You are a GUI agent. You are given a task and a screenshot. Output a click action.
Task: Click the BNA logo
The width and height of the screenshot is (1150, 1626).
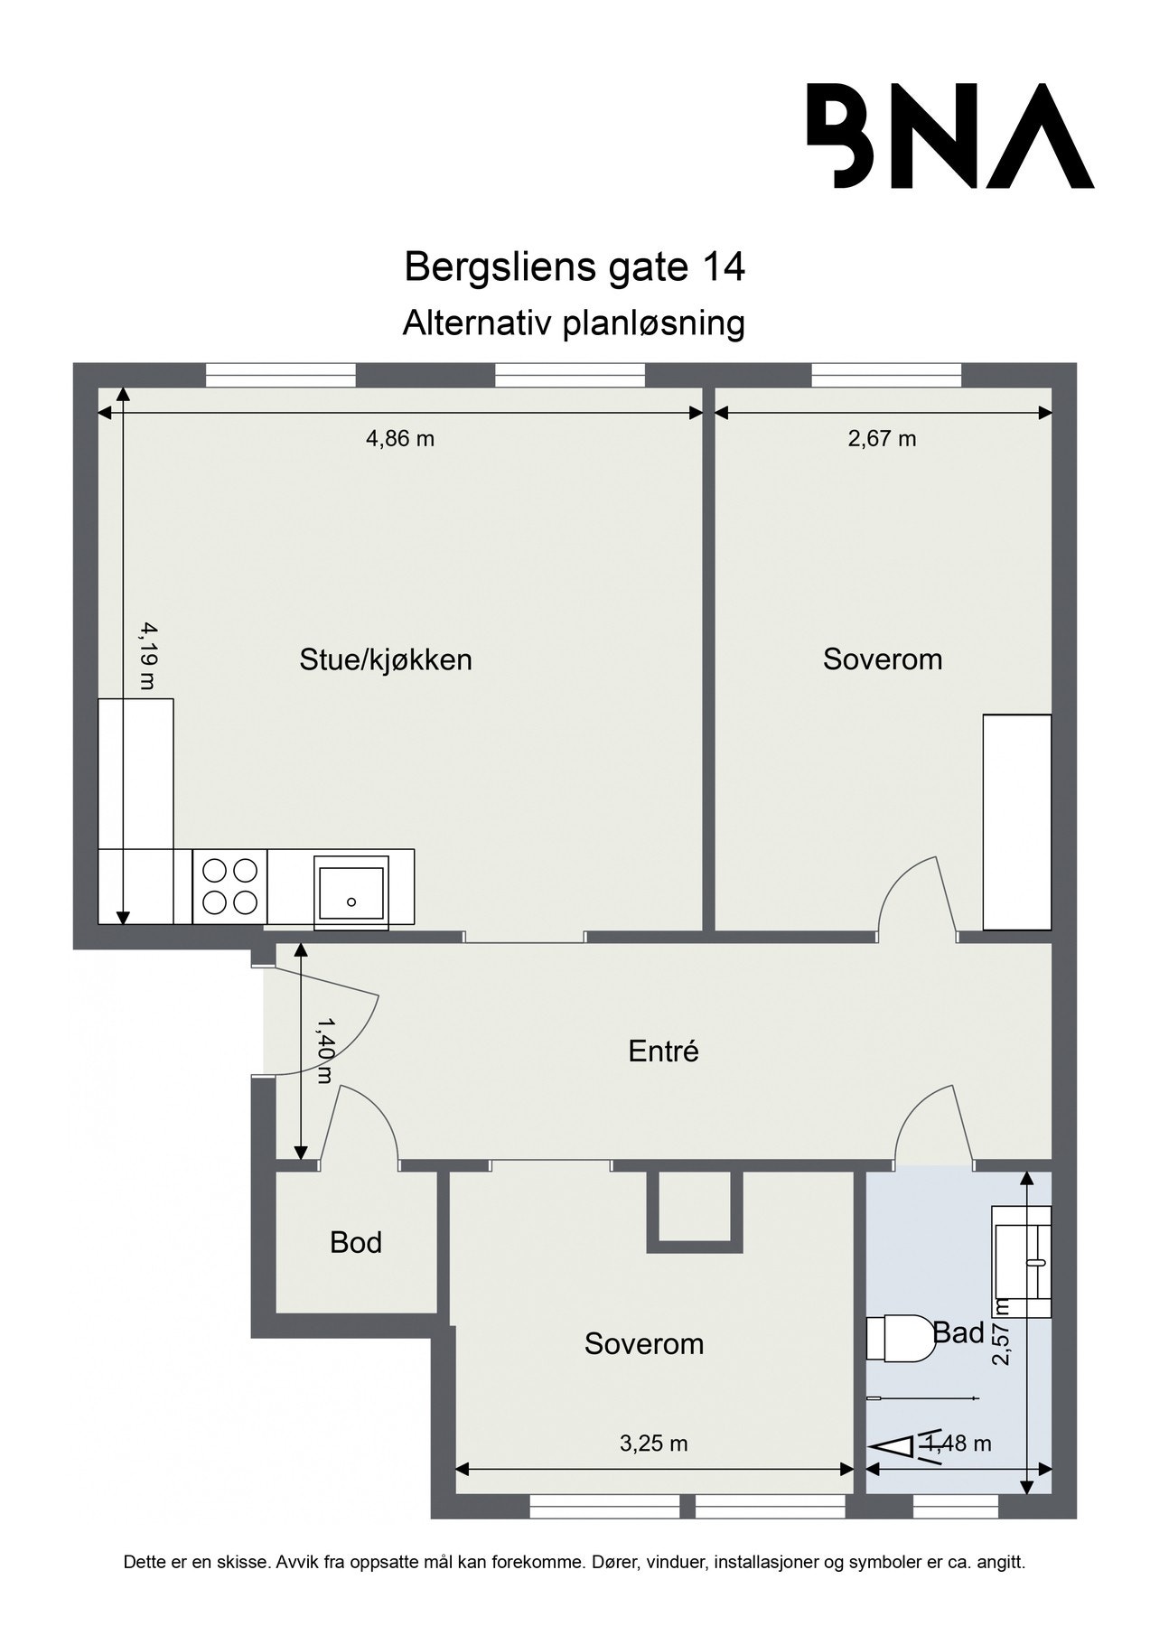pyautogui.click(x=949, y=136)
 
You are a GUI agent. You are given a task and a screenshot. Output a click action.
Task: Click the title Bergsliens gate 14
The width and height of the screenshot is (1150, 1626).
pyautogui.click(x=575, y=267)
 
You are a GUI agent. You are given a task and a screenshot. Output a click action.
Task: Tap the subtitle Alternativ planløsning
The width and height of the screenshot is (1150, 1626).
pyautogui.click(x=574, y=322)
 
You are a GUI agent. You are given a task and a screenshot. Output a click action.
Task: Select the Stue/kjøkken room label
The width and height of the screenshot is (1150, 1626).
pyautogui.click(x=386, y=659)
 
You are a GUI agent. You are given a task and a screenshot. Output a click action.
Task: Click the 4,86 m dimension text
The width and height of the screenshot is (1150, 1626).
pyautogui.click(x=399, y=439)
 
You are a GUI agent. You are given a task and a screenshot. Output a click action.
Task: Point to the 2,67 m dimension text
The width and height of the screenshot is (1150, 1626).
pyautogui.click(x=882, y=439)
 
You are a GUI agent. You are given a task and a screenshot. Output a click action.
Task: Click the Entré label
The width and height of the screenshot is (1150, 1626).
pyautogui.click(x=664, y=1051)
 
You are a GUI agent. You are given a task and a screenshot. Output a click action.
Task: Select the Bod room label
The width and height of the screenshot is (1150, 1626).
pyautogui.click(x=356, y=1243)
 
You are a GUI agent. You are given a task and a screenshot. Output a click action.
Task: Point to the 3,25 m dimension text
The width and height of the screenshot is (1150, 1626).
pyautogui.click(x=653, y=1444)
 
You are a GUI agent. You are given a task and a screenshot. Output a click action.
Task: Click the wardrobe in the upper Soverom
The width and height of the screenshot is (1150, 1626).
pyautogui.click(x=1016, y=822)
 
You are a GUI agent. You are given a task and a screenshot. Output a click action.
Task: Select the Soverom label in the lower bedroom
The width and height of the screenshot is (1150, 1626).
pyautogui.click(x=643, y=1344)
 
